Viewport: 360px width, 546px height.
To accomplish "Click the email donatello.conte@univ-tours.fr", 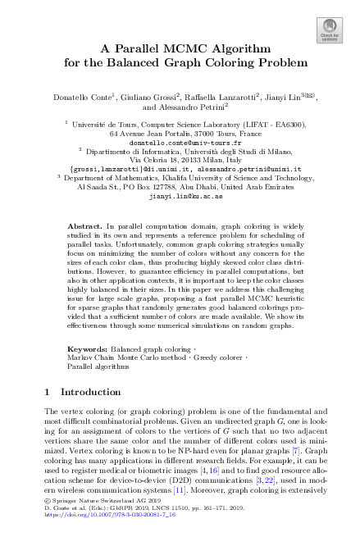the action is click(x=180, y=142).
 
